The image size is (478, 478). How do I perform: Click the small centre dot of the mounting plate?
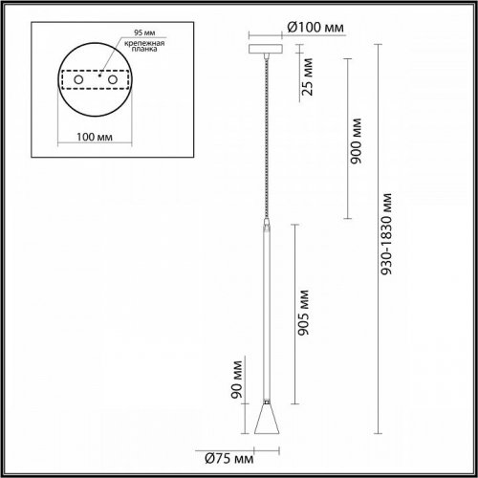pos(96,74)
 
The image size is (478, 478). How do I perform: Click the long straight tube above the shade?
pos(266,306)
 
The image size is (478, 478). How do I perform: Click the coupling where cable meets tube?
pos(266,226)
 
